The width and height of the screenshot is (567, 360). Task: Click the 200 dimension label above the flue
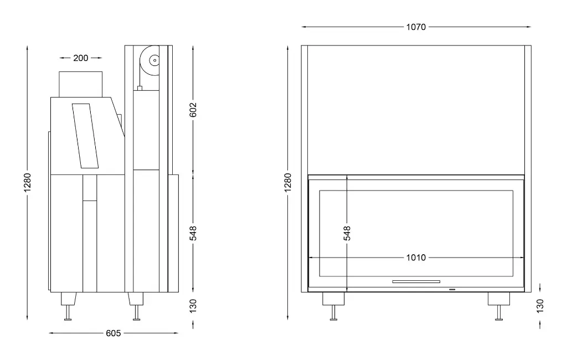[81, 58]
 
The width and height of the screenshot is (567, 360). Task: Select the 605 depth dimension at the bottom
[114, 333]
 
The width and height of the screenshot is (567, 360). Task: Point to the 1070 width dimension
[416, 27]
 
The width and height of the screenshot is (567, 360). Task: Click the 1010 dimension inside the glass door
[416, 258]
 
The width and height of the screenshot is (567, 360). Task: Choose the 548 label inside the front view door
[347, 233]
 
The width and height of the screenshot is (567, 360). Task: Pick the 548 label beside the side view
[193, 233]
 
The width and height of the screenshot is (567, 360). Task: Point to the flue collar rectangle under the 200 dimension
[81, 84]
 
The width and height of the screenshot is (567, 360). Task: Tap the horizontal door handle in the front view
[416, 281]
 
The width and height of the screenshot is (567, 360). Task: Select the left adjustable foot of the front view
[333, 305]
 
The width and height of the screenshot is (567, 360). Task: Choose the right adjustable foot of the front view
[498, 305]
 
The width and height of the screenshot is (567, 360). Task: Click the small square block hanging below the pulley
[139, 87]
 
